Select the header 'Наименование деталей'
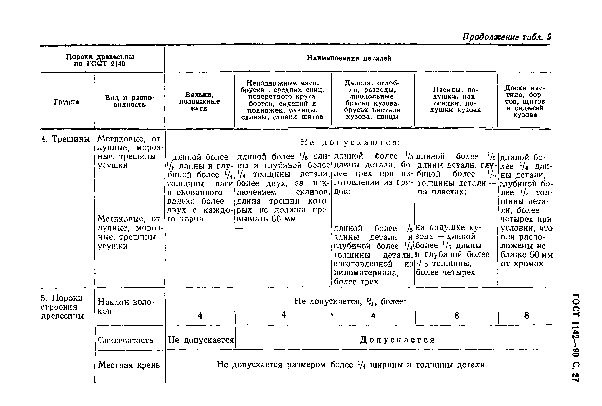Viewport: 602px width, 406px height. click(x=349, y=58)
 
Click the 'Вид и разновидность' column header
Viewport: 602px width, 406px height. click(x=129, y=101)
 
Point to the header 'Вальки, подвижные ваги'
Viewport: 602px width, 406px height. click(x=199, y=101)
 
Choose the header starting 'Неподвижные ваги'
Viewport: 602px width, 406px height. click(x=283, y=100)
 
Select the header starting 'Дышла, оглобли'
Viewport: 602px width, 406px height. click(x=372, y=100)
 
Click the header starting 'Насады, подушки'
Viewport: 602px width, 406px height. click(x=455, y=100)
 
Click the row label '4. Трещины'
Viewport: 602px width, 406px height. click(x=65, y=139)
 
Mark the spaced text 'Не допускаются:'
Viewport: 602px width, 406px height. click(x=350, y=142)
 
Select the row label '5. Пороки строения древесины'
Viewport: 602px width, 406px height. click(x=62, y=307)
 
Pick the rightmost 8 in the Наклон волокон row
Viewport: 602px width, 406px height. click(x=527, y=315)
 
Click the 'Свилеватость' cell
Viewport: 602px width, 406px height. click(x=125, y=340)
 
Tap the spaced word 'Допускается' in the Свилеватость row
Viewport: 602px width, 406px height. click(x=397, y=339)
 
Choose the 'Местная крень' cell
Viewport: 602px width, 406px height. click(x=129, y=365)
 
